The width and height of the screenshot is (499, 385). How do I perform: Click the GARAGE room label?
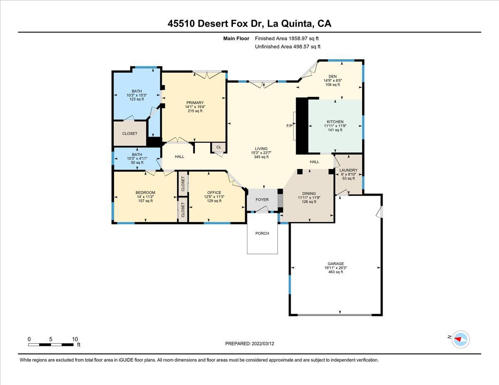(x=336, y=264)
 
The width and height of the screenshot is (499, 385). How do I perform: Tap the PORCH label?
(x=262, y=233)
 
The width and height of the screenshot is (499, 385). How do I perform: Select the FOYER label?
(x=262, y=200)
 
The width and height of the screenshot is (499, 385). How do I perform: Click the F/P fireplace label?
(x=289, y=125)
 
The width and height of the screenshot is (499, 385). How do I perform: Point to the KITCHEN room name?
(x=335, y=122)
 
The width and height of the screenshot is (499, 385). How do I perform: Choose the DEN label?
(x=332, y=76)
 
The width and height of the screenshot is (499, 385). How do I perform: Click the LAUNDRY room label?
(x=348, y=170)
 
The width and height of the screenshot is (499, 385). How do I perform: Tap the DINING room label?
(x=309, y=194)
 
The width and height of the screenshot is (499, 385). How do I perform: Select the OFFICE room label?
(x=214, y=192)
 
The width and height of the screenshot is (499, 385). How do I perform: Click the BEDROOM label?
(x=145, y=192)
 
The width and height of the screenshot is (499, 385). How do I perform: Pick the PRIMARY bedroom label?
(x=195, y=103)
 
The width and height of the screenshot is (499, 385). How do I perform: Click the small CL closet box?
(x=219, y=147)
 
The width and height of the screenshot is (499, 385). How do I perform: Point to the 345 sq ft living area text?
(x=261, y=157)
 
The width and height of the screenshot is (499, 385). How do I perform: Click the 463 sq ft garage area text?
(x=336, y=272)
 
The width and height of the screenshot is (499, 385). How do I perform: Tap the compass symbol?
(x=460, y=339)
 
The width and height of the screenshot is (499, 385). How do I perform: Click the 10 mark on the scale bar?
(x=75, y=339)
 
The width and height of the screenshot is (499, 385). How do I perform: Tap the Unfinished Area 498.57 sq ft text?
(x=287, y=47)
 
